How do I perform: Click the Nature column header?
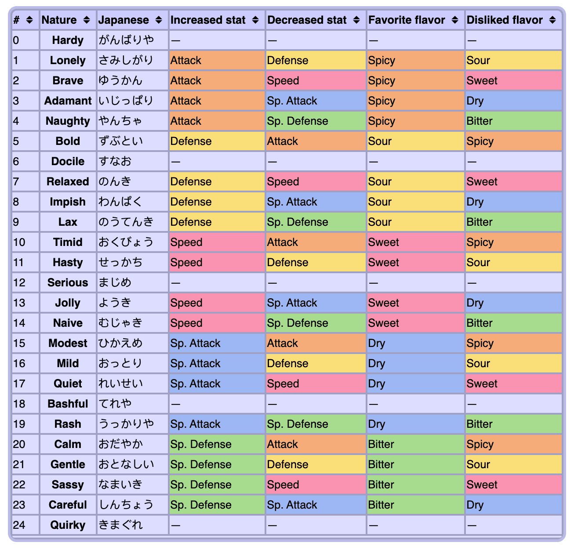point(59,20)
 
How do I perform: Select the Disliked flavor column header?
point(505,20)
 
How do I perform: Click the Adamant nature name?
point(68,101)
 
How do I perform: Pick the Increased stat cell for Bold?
point(217,141)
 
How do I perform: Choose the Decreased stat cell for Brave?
point(316,81)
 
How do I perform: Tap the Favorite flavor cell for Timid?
point(415,242)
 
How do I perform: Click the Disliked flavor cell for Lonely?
point(513,61)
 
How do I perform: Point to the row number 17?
point(19,384)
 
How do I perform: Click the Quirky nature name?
point(68,525)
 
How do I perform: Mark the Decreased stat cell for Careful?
point(316,505)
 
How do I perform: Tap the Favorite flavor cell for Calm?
point(415,444)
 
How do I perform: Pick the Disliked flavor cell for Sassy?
point(513,485)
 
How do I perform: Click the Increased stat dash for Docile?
point(176,162)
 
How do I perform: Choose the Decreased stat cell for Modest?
point(316,343)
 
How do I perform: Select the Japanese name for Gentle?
point(126,465)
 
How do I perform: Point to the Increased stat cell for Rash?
point(217,424)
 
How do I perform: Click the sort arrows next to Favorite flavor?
point(455,20)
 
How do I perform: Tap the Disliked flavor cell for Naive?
point(513,323)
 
